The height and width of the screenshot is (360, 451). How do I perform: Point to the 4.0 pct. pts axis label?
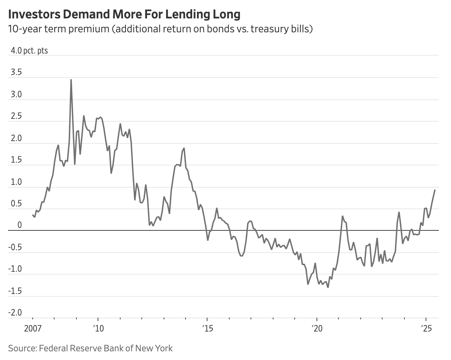(29, 51)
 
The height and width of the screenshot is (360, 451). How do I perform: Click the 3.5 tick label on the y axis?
(16, 73)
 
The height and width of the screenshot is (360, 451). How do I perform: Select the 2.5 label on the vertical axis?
(16, 116)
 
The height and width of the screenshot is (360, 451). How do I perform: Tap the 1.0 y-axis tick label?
(16, 182)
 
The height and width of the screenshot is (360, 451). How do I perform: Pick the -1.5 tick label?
(15, 291)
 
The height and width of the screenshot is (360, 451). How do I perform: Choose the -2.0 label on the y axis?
(15, 313)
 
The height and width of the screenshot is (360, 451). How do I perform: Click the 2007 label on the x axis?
(33, 328)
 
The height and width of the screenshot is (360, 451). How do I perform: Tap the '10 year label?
(98, 328)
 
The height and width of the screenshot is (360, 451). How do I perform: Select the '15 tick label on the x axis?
(207, 328)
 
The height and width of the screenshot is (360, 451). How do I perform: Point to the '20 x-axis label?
(317, 328)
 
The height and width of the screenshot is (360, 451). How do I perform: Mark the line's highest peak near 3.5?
(71, 80)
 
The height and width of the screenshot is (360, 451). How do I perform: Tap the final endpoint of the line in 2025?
(435, 190)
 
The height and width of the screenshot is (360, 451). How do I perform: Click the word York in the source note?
(163, 348)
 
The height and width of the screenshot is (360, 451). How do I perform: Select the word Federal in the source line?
(52, 348)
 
